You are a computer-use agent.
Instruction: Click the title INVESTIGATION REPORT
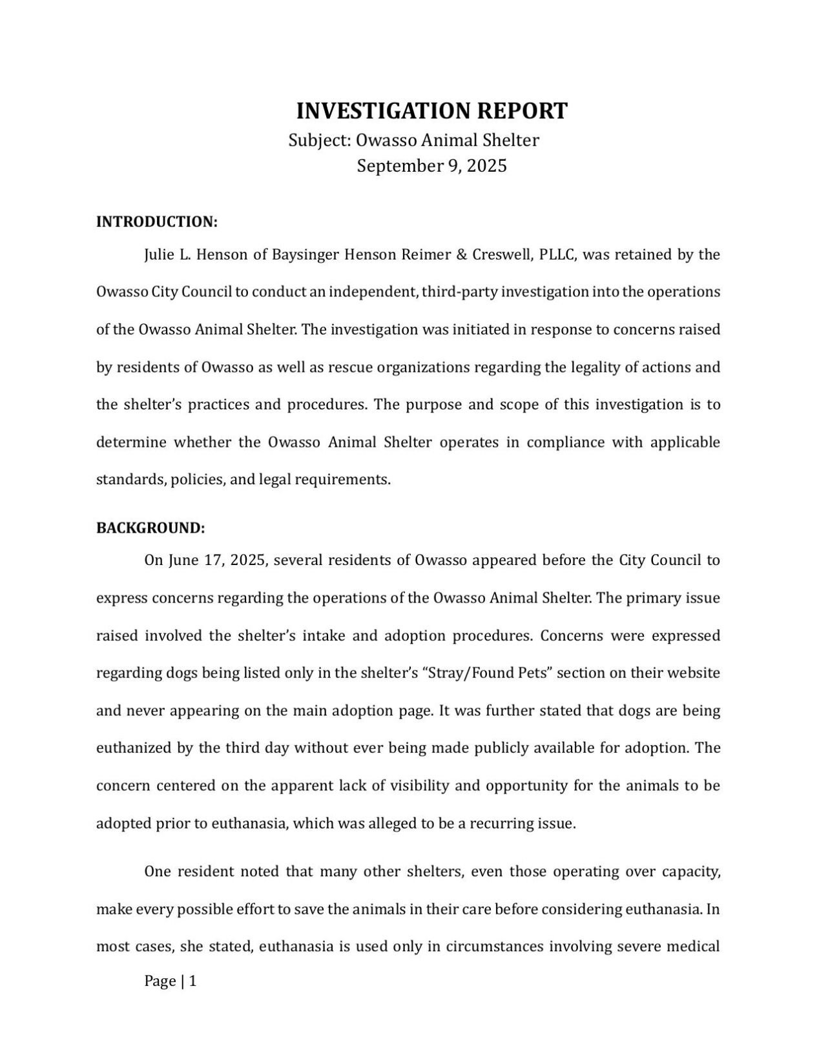[431, 111]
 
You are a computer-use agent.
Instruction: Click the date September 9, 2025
[431, 167]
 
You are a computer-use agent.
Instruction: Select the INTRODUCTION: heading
[157, 222]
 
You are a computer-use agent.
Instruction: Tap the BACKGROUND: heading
[150, 528]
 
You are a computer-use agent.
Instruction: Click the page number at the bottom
[171, 981]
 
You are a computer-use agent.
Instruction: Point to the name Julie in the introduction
[159, 255]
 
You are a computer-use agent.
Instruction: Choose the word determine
[131, 443]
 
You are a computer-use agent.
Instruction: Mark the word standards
[131, 480]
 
